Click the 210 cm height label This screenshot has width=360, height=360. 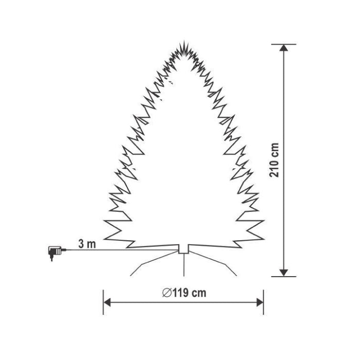[x=274, y=160]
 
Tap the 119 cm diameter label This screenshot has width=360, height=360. [x=184, y=293]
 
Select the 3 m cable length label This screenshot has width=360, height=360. [x=87, y=244]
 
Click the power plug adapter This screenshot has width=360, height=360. [x=56, y=253]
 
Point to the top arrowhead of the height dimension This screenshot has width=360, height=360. [x=284, y=48]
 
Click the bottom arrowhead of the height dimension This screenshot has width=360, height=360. [x=284, y=273]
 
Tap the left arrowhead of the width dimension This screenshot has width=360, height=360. [x=107, y=302]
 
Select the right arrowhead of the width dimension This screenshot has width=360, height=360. [x=260, y=302]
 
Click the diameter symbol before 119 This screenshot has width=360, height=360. [x=167, y=293]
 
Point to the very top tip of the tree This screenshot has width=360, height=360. [x=184, y=41]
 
